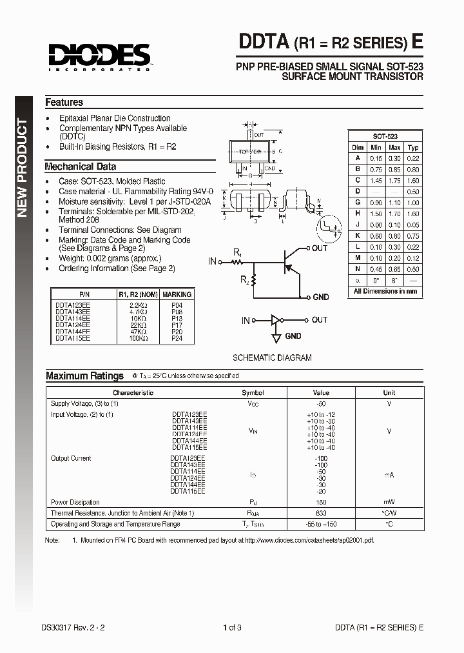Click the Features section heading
[x=64, y=103]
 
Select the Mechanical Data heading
[x=80, y=166]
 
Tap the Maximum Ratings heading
[x=84, y=376]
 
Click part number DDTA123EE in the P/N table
[x=72, y=304]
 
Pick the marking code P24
[x=177, y=337]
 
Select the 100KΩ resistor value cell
[x=138, y=337]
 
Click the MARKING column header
[x=177, y=294]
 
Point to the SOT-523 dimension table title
[x=385, y=137]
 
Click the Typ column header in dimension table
[x=413, y=148]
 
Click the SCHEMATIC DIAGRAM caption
[x=271, y=357]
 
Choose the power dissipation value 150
[x=320, y=502]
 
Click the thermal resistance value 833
[x=320, y=513]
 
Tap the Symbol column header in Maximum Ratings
[x=253, y=392]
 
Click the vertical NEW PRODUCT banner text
[x=23, y=168]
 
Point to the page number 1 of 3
[x=231, y=627]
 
